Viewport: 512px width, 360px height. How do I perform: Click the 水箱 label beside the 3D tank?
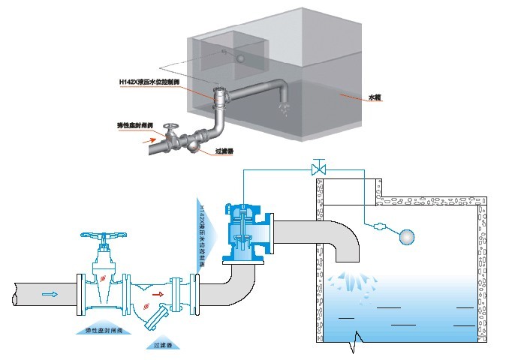tap(375, 98)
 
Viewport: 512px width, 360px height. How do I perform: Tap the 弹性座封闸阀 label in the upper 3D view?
tap(134, 124)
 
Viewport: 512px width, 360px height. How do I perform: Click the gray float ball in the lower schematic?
tap(406, 236)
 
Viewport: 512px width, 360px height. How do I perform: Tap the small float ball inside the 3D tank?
tap(240, 58)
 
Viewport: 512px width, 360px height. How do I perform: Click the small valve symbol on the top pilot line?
tap(318, 169)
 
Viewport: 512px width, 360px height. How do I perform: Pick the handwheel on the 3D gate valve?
tap(174, 125)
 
